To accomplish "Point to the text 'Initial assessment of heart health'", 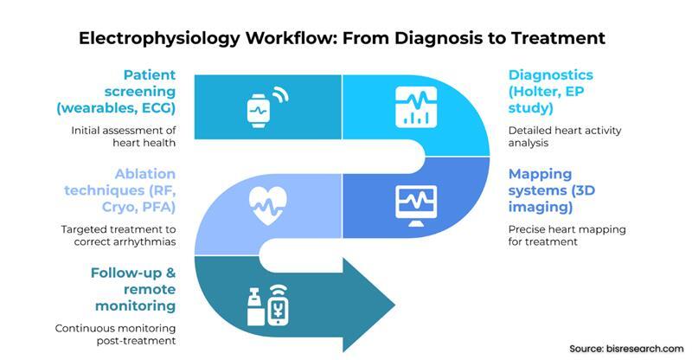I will tap(124, 137).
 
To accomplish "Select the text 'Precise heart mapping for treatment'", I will tap(566, 235).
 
